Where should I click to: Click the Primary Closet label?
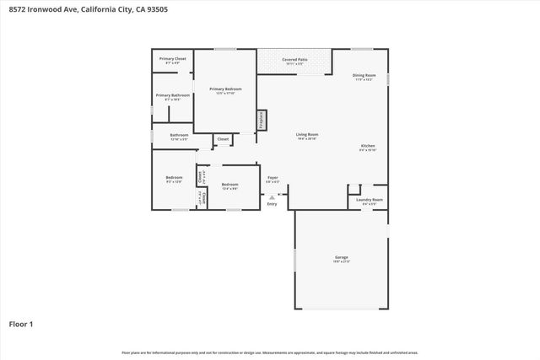(173, 58)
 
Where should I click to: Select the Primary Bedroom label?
(225, 89)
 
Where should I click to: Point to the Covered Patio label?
(294, 60)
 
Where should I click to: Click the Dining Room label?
(364, 76)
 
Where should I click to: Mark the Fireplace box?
(262, 121)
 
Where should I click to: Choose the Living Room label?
(306, 135)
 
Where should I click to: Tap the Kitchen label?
(367, 146)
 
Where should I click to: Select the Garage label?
(342, 257)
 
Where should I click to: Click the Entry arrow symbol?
(272, 197)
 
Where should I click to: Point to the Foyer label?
(273, 178)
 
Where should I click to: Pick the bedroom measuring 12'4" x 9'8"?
(229, 185)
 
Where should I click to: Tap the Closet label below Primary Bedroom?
(223, 139)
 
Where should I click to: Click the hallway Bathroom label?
(179, 135)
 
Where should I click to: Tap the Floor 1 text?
(22, 323)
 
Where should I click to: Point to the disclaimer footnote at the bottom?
(270, 352)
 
